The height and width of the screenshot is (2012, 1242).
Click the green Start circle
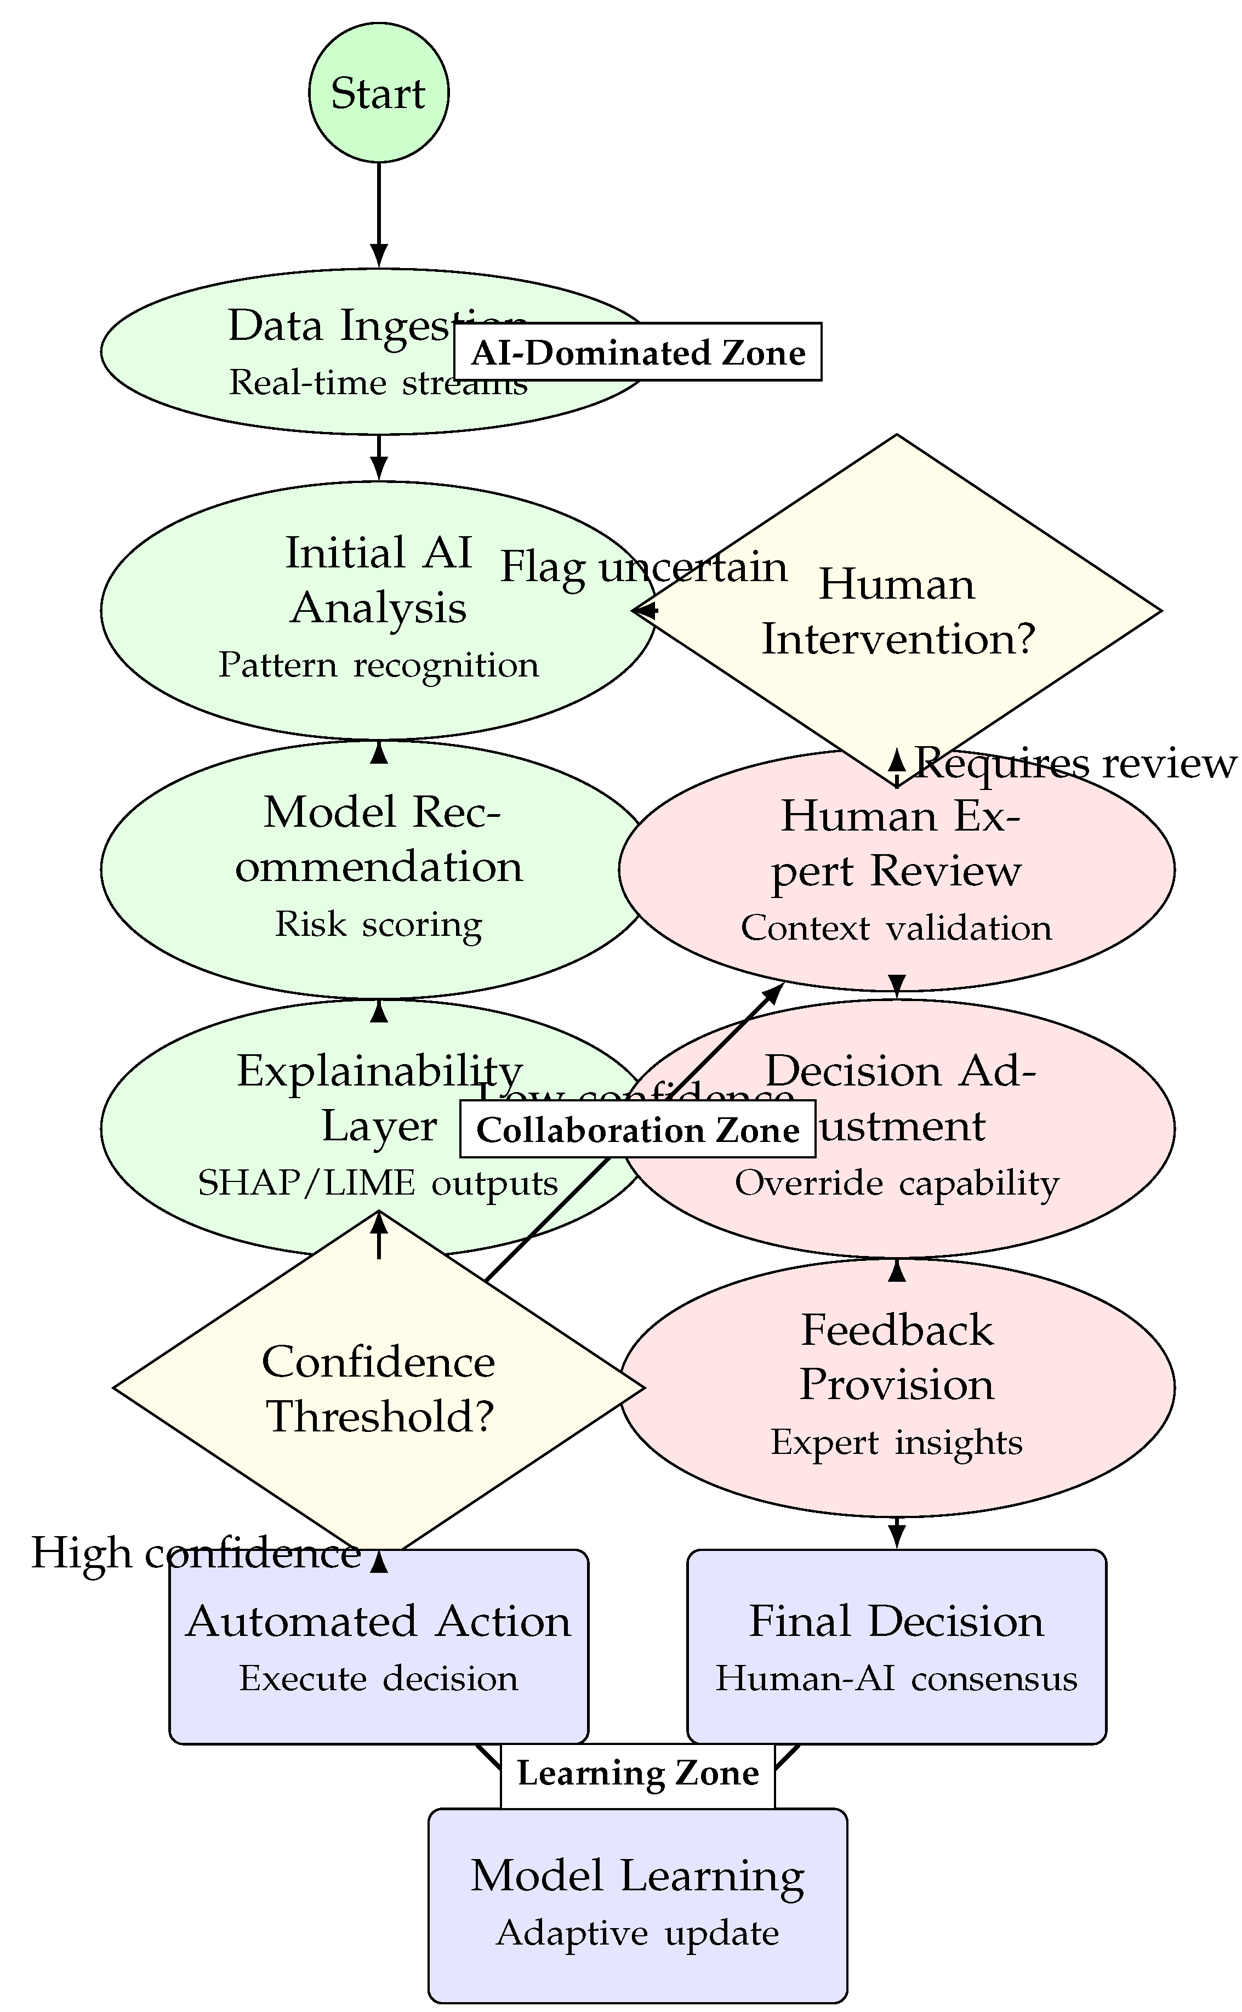[x=379, y=92]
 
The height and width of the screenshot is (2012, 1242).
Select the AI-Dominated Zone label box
[x=637, y=353]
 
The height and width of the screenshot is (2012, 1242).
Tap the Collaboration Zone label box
[x=637, y=1130]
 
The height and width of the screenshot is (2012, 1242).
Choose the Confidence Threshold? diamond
[x=379, y=1389]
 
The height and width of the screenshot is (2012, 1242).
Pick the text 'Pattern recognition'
[x=379, y=664]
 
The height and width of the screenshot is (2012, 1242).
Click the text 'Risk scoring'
[x=379, y=923]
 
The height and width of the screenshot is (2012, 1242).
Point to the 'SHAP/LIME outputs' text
[x=379, y=1183]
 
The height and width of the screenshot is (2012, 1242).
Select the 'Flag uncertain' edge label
[x=644, y=567]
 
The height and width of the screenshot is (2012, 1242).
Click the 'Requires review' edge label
[x=1075, y=763]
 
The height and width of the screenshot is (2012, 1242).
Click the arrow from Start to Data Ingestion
[x=379, y=214]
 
